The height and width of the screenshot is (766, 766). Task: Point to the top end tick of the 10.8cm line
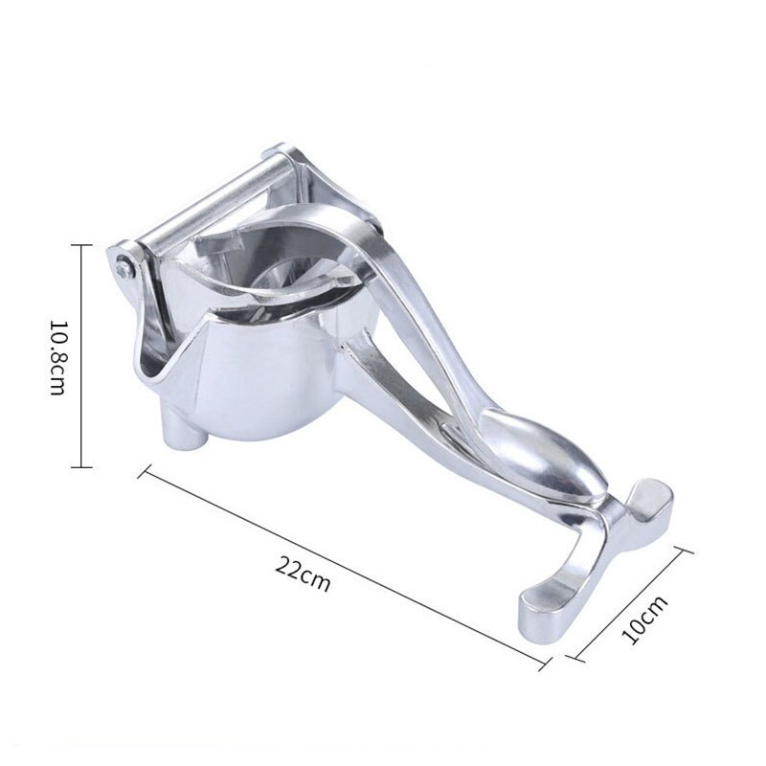(80, 244)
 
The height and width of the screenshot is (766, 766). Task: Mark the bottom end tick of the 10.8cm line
(80, 467)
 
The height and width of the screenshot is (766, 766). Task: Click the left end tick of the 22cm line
(145, 472)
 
